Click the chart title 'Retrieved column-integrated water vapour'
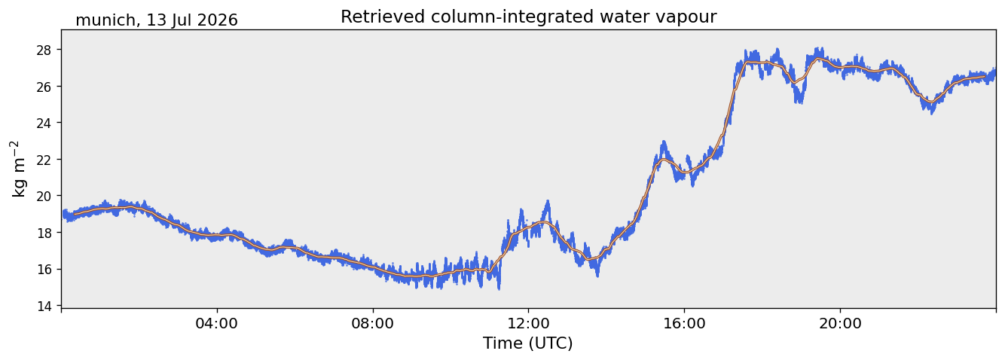529,17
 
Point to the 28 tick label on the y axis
44,49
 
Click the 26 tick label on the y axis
44,86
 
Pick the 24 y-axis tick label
44,123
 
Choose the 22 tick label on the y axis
44,160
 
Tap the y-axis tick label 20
44,196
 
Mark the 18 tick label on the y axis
44,233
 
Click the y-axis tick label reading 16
44,270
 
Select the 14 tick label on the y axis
44,307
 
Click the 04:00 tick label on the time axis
217,323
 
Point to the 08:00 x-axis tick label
373,323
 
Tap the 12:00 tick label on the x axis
529,323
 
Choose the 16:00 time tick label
684,323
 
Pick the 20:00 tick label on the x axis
840,323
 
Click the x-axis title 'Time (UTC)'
528,343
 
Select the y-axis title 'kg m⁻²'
19,169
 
